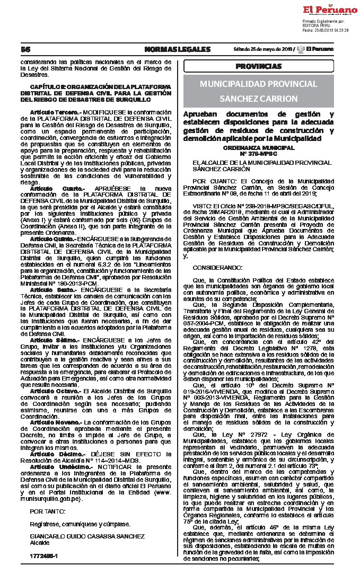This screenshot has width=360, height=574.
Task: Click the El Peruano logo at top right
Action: pyautogui.click(x=324, y=10)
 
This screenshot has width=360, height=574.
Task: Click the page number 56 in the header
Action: pyautogui.click(x=24, y=49)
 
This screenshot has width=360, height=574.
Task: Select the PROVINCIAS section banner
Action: pyautogui.click(x=259, y=66)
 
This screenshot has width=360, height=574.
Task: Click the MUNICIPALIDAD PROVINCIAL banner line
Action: pyautogui.click(x=259, y=84)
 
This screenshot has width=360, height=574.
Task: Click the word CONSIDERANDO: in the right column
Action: pyautogui.click(x=218, y=268)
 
